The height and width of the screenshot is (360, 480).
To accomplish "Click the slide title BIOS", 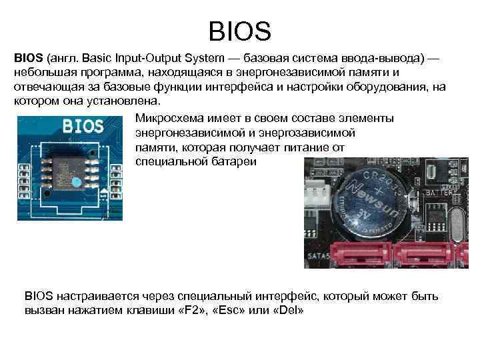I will (x=240, y=31).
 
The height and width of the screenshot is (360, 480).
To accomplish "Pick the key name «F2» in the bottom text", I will (x=192, y=310).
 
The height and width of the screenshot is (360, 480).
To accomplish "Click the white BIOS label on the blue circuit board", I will (x=83, y=126).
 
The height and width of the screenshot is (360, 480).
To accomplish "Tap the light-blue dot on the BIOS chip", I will (x=77, y=181).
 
